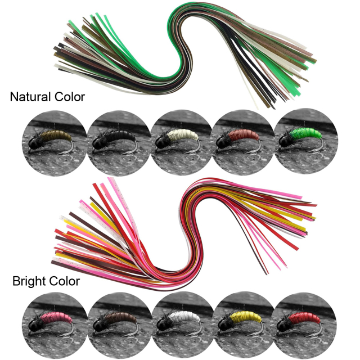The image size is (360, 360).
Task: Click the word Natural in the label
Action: point(29,97)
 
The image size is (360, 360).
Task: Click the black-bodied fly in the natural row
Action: point(120,136)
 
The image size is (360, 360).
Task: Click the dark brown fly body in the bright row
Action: point(120,318)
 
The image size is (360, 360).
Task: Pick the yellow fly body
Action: point(246,317)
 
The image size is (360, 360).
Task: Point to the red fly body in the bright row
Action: point(305,318)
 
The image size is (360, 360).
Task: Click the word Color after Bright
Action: point(64,281)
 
